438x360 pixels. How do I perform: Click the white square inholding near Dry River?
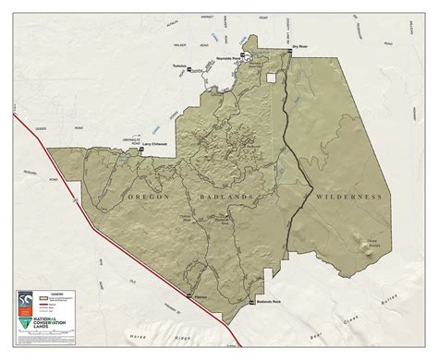click(271, 78)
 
